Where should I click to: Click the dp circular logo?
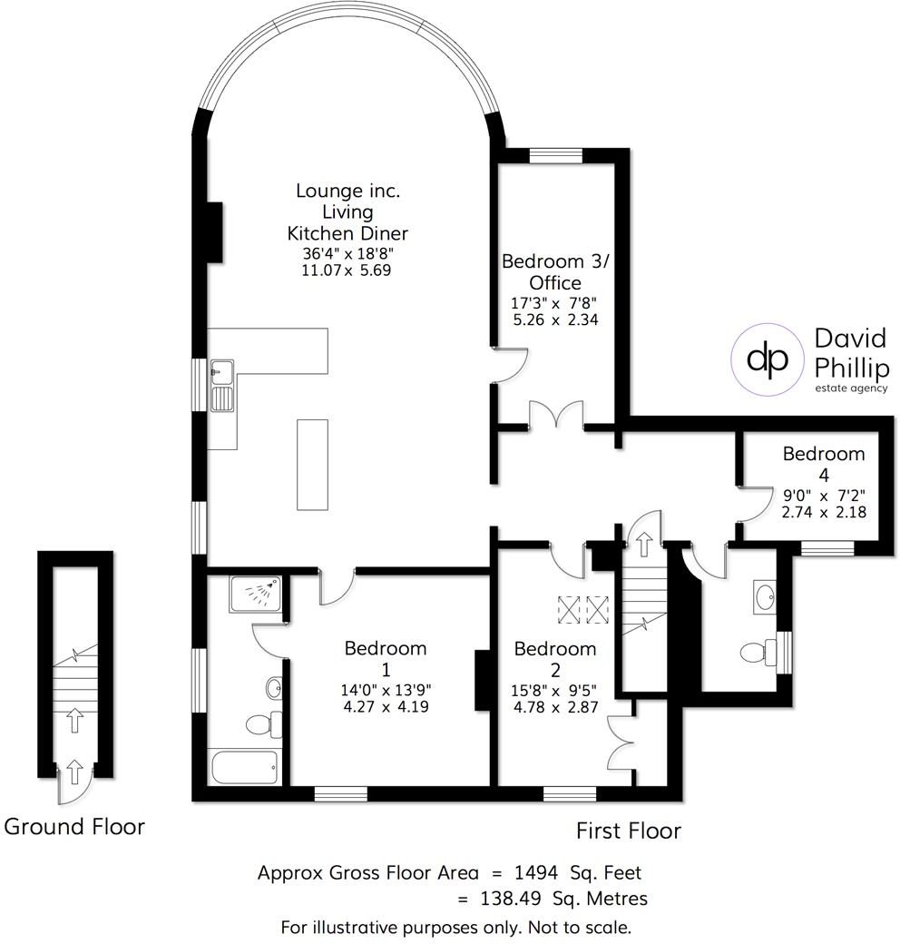[767, 359]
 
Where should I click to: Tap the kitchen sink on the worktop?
[222, 386]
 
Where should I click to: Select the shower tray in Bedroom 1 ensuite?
[255, 595]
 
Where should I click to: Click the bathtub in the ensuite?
[245, 767]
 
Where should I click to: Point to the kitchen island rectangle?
[312, 465]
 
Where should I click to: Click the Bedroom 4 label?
[824, 464]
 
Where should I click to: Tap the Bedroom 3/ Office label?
[555, 271]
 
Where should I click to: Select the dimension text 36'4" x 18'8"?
[347, 253]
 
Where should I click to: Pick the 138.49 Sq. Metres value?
[563, 899]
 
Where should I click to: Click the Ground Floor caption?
[74, 827]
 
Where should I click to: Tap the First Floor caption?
[629, 831]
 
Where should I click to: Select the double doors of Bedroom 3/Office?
[556, 415]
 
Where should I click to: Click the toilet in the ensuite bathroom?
[265, 723]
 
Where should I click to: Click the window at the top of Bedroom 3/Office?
[556, 156]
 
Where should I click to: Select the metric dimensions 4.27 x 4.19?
[386, 706]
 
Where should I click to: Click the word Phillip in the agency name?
[851, 369]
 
